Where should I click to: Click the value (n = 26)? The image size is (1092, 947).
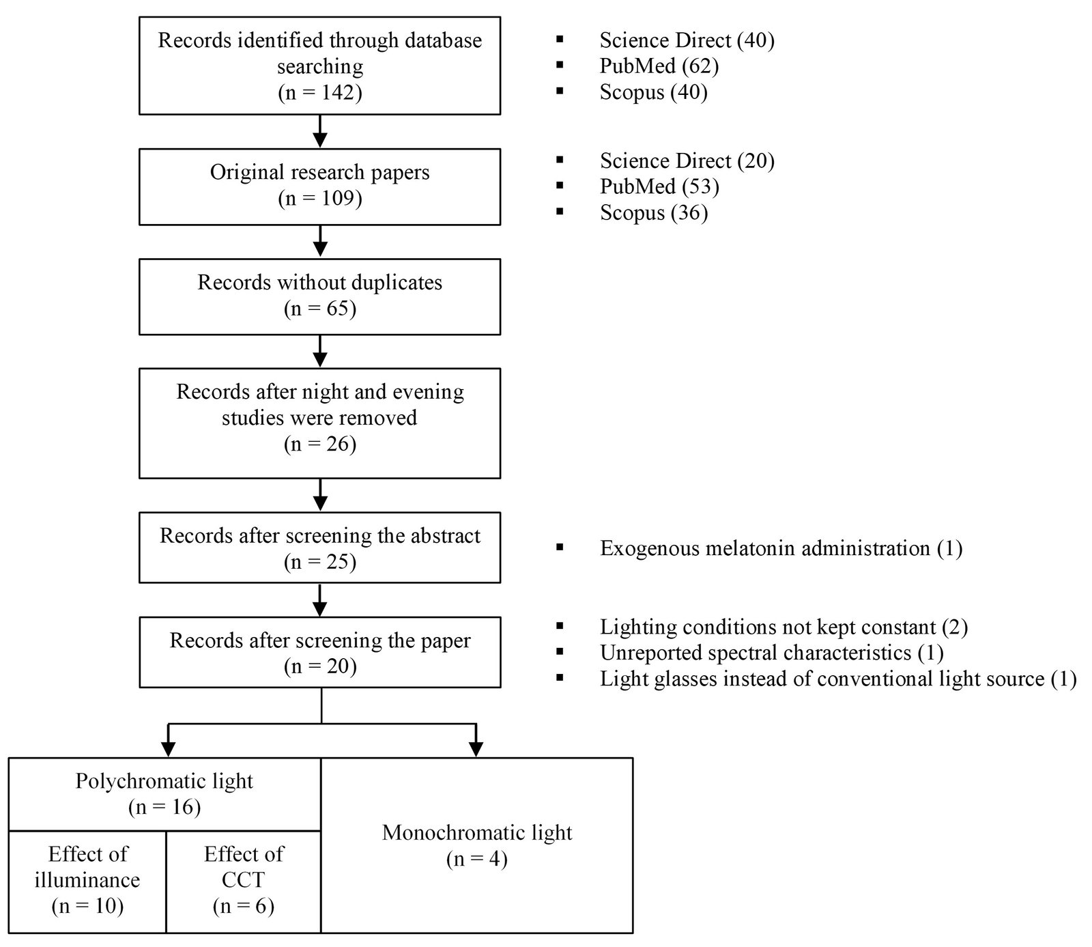coord(320,444)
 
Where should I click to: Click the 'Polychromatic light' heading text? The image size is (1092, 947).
coord(164,781)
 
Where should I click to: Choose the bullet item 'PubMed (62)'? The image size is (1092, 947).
coord(659,66)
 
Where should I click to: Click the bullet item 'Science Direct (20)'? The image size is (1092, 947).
coord(687,160)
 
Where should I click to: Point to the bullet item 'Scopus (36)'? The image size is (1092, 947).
coord(654,212)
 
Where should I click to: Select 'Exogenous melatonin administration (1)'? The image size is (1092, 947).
coord(781,548)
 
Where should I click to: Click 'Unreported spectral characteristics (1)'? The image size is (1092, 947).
coord(772,653)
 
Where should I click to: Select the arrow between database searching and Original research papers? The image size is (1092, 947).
coord(319,131)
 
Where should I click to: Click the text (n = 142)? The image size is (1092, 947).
coord(319,92)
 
